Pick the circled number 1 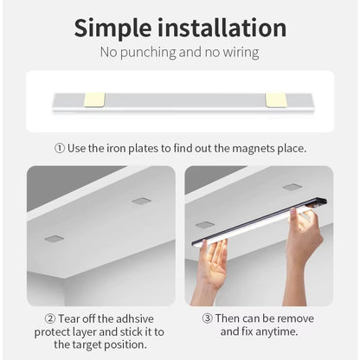[x=59, y=148]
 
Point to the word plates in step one [x=155, y=148]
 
